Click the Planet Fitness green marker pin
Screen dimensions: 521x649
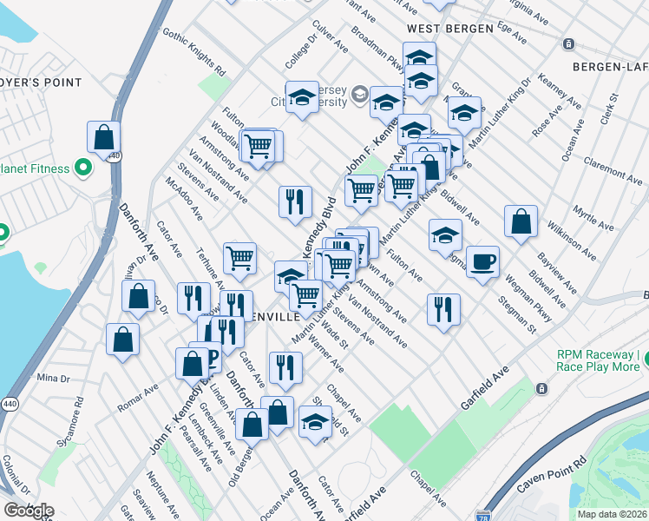coord(83,167)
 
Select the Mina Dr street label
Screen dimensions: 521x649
coord(52,379)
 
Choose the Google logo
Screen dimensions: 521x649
coord(29,511)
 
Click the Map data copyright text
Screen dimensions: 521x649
coord(613,514)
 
